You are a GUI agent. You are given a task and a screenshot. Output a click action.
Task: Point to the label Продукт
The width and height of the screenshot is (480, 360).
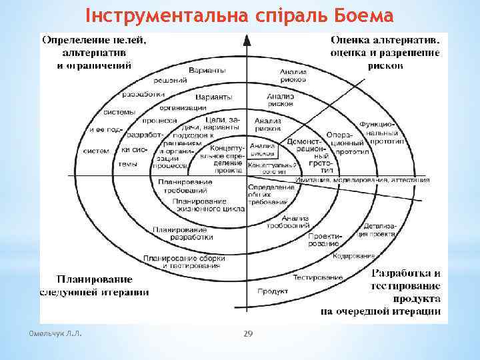coord(272,291)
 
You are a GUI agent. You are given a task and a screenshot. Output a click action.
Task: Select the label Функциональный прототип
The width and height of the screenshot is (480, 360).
coord(377,133)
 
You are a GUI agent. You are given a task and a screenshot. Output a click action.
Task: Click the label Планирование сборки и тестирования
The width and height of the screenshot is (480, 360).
coord(182,262)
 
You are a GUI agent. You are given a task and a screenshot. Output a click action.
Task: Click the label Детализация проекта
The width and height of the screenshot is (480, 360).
coord(380,230)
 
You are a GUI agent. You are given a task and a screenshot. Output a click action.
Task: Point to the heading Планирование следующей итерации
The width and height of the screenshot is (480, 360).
coord(94,285)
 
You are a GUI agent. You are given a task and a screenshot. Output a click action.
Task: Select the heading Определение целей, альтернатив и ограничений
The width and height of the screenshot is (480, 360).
coord(95,52)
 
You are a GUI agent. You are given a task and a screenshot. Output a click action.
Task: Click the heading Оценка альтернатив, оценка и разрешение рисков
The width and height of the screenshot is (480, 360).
coord(385,52)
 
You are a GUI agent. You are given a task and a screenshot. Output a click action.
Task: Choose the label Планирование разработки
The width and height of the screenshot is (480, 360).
coord(183,233)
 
